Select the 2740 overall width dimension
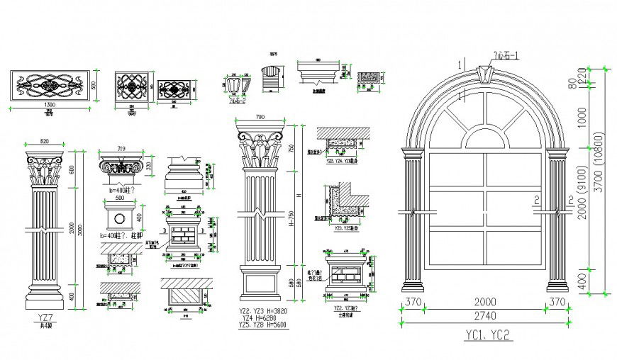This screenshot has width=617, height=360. (487, 315)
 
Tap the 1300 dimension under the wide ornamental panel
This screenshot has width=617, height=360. (49, 104)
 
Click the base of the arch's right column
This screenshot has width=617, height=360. (557, 285)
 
